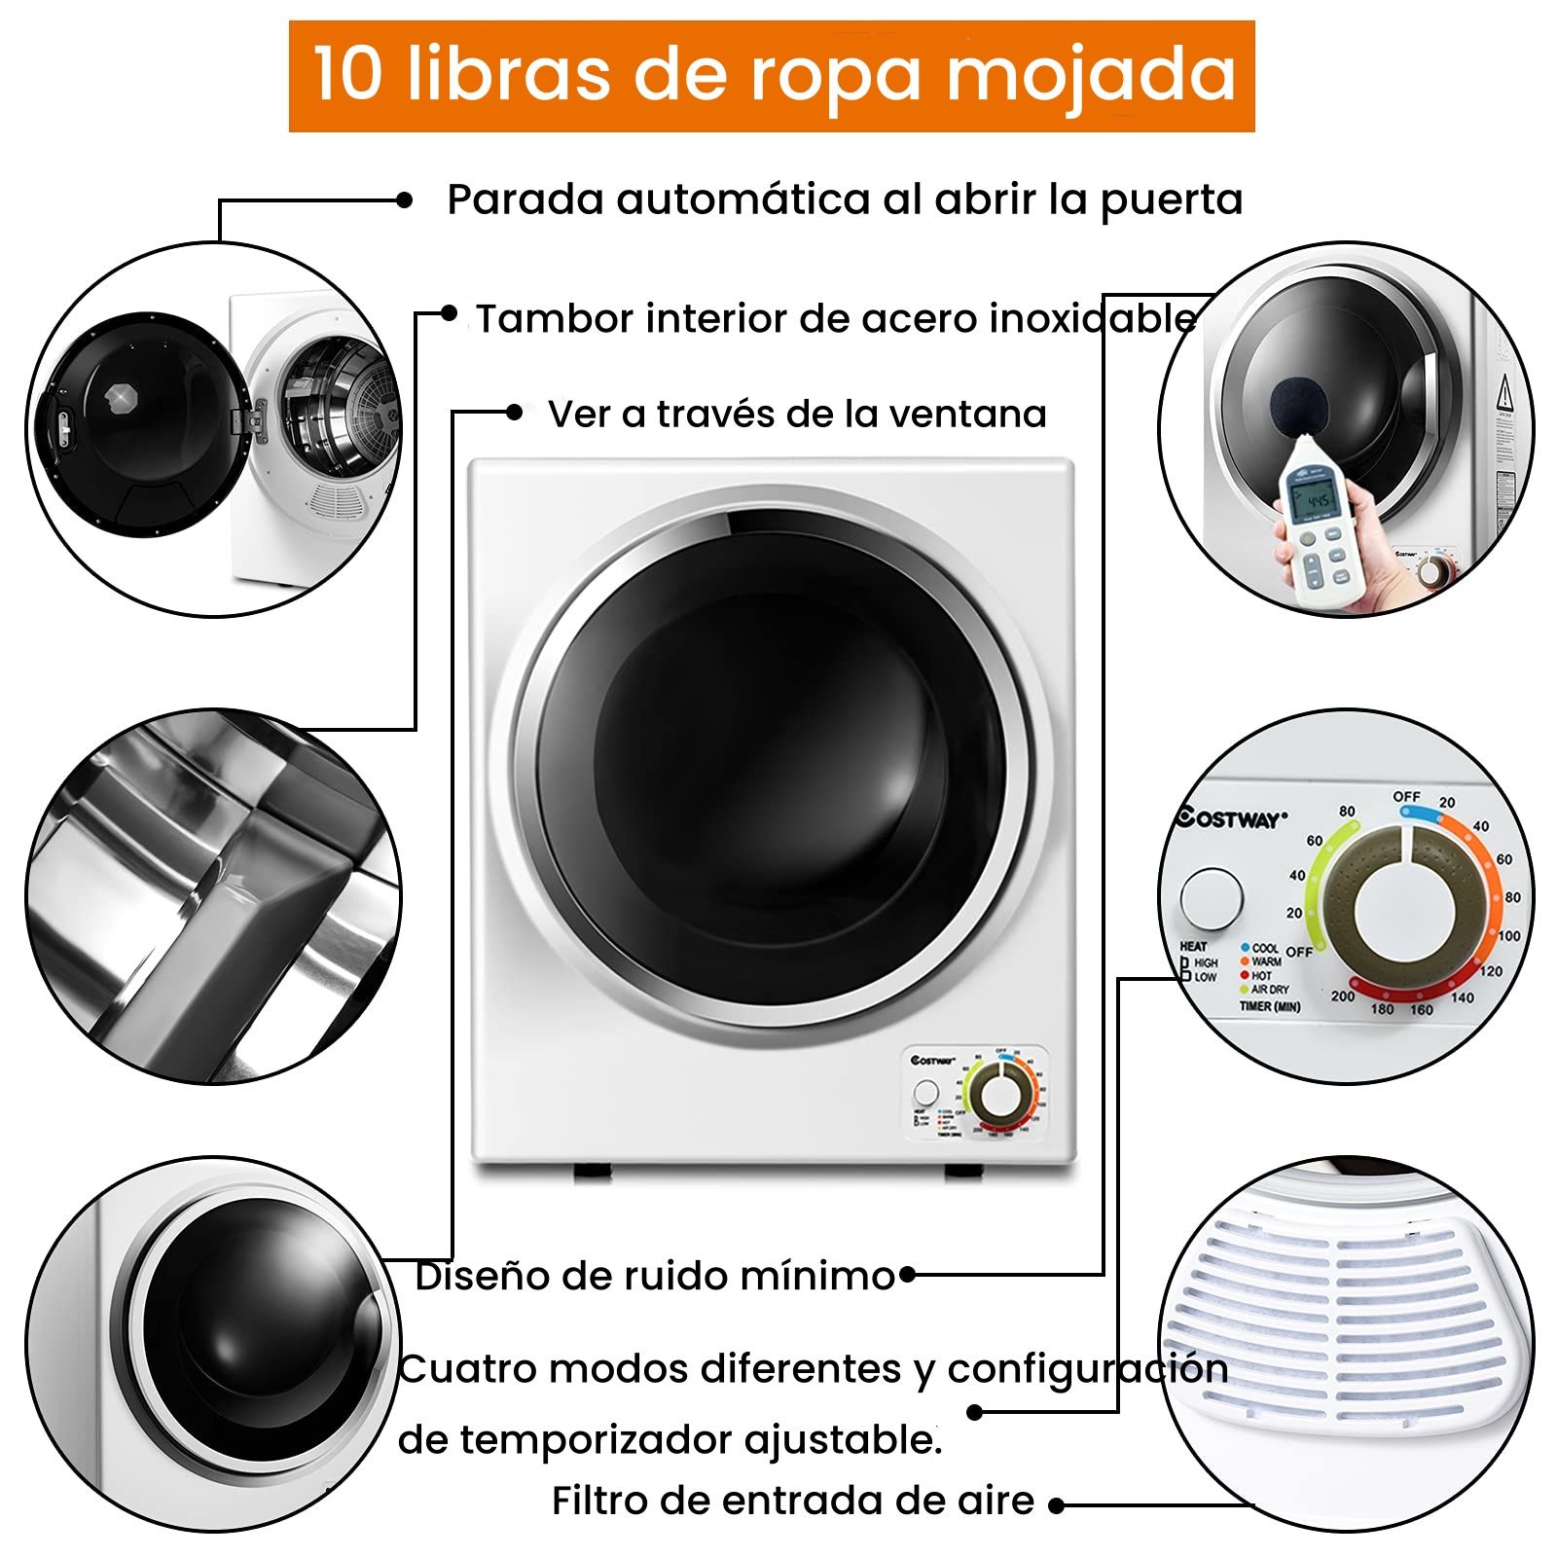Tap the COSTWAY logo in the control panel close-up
(x=1231, y=818)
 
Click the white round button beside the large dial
(x=1211, y=896)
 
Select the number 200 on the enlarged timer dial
(x=1342, y=996)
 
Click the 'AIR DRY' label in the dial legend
(x=1269, y=990)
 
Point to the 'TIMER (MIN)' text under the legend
(x=1269, y=1006)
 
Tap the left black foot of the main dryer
(x=592, y=1171)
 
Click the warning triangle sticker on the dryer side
(x=1504, y=393)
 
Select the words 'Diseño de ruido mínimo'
(x=654, y=1276)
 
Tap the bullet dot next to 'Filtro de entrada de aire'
(x=1057, y=1505)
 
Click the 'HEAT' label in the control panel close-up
(x=1193, y=946)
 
